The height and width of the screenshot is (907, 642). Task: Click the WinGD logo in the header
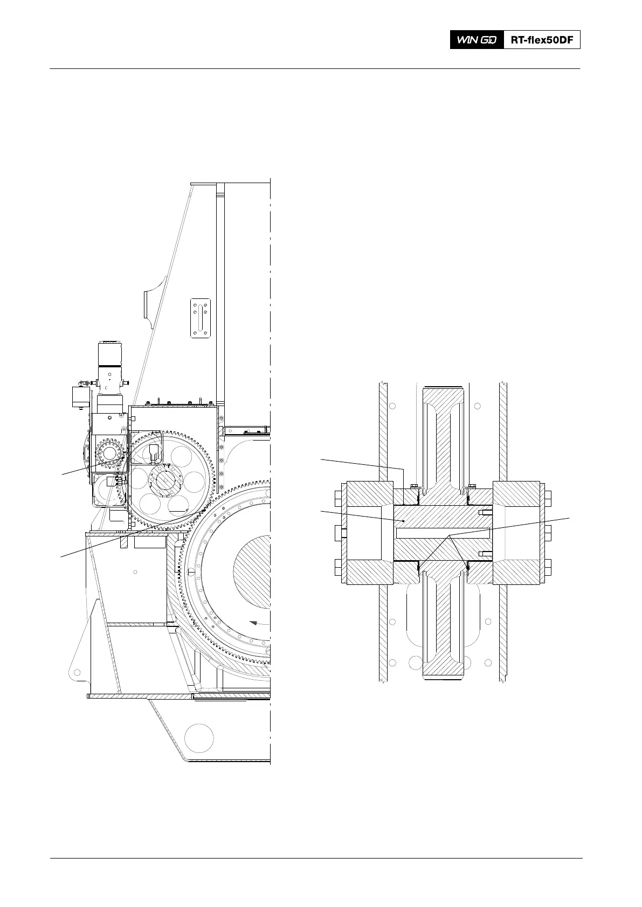point(477,40)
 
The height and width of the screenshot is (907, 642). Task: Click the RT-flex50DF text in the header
point(542,40)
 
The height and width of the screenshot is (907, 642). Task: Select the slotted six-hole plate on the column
point(200,318)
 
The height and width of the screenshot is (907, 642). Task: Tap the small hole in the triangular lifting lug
point(77,673)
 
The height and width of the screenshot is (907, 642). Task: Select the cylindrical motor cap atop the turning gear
point(111,355)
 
